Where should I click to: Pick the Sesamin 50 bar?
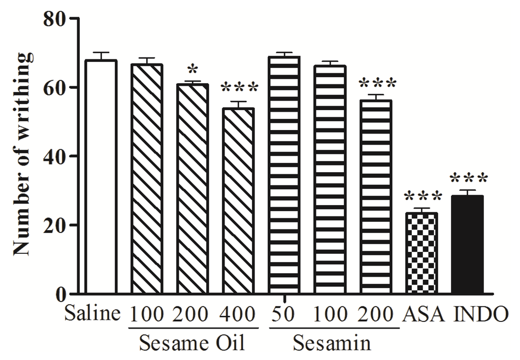[284, 175]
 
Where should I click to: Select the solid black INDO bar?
[467, 244]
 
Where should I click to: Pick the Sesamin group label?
[331, 343]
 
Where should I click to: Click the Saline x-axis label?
[92, 315]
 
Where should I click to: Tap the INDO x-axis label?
[480, 315]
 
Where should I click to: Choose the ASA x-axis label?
[425, 315]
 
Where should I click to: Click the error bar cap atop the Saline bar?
[101, 53]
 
